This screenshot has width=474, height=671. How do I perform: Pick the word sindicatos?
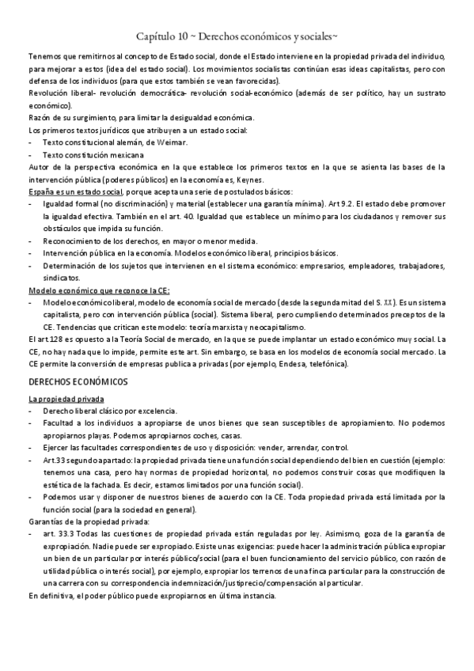(61, 278)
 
